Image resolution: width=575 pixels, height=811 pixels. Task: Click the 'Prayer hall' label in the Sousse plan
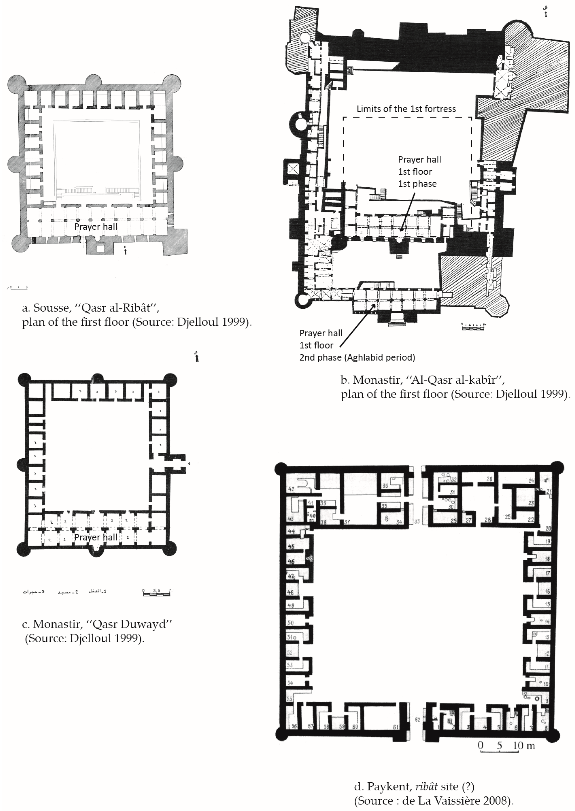click(96, 227)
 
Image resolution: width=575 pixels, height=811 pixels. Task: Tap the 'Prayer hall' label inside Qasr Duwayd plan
click(96, 537)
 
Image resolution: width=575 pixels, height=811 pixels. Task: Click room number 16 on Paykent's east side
click(547, 591)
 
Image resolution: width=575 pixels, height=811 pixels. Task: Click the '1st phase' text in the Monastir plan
click(417, 184)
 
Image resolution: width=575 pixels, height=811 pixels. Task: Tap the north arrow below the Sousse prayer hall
click(125, 251)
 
